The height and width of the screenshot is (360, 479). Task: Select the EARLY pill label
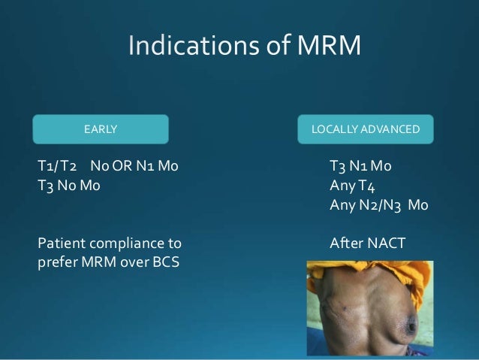(x=100, y=129)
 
